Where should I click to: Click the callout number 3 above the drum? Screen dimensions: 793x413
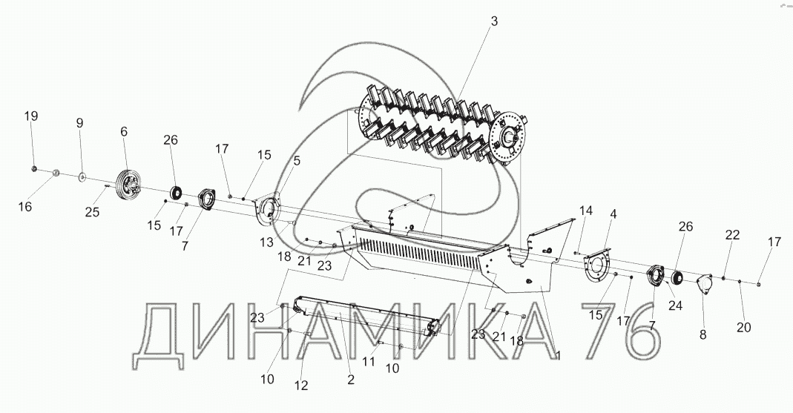tap(493, 23)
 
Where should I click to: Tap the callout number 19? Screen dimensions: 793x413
tap(30, 116)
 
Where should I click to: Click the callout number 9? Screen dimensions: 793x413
tap(79, 123)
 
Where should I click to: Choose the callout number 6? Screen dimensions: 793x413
tap(124, 131)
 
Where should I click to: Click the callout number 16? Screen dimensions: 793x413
tap(25, 207)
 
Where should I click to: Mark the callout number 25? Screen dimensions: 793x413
tap(92, 214)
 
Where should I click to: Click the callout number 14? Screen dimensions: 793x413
tap(586, 211)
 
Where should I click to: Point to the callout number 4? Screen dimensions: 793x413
tap(613, 214)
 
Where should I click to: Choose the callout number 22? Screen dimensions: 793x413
tap(732, 235)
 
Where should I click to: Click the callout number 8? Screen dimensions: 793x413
tap(702, 334)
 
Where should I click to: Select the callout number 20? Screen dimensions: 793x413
tap(744, 327)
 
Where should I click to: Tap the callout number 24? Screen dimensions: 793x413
tap(676, 305)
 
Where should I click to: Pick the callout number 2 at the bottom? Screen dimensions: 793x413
tap(351, 379)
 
